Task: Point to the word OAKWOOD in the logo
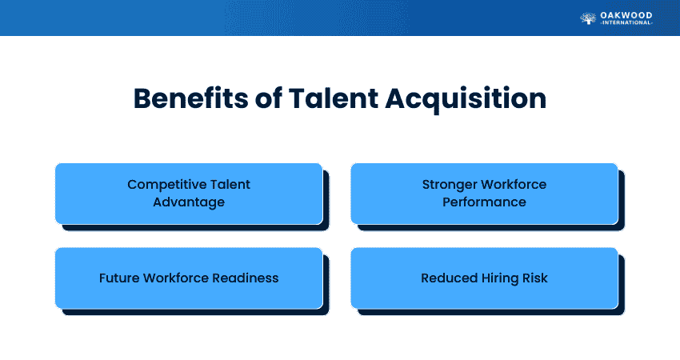pyautogui.click(x=626, y=14)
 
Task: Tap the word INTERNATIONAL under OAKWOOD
pyautogui.click(x=626, y=23)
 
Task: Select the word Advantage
pyautogui.click(x=189, y=202)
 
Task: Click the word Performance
pyautogui.click(x=484, y=202)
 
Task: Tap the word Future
pyautogui.click(x=118, y=278)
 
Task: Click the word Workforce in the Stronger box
pyautogui.click(x=516, y=185)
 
